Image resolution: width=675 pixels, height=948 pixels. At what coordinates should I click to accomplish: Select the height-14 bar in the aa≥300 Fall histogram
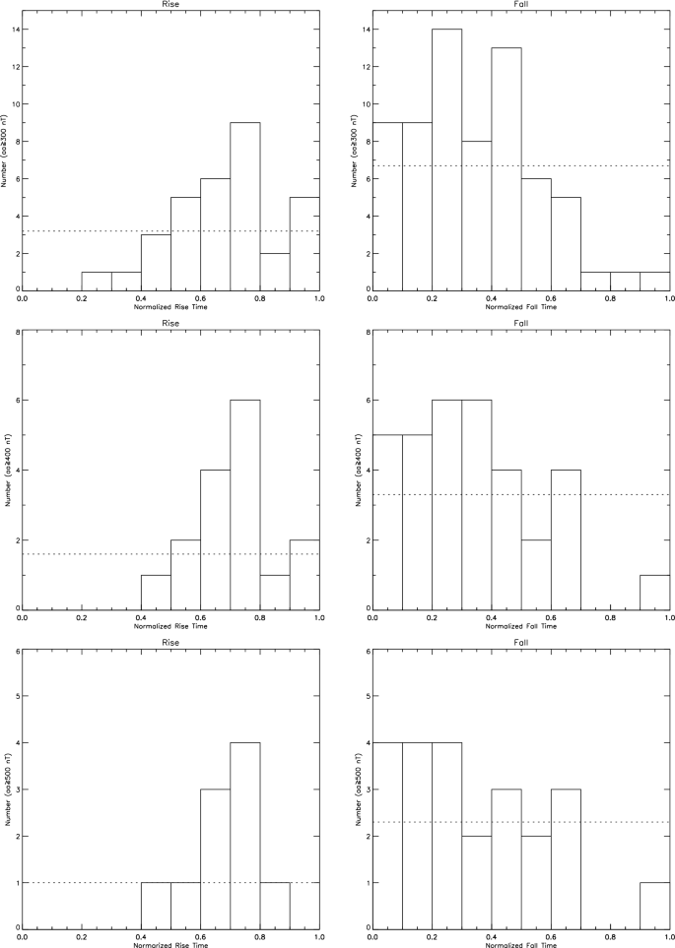click(x=446, y=158)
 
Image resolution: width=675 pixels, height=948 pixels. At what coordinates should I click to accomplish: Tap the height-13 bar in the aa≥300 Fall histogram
click(x=506, y=167)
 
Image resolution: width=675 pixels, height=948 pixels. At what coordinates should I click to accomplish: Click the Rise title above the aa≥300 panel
click(x=171, y=5)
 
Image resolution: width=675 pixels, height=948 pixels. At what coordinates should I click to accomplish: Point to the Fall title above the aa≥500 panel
click(x=521, y=645)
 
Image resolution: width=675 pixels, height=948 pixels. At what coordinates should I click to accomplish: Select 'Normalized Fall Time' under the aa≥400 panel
click(x=521, y=625)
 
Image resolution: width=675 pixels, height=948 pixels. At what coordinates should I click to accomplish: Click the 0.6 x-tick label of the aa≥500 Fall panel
click(x=551, y=937)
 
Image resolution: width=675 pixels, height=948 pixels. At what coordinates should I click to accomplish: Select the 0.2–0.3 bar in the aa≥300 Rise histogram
click(x=96, y=281)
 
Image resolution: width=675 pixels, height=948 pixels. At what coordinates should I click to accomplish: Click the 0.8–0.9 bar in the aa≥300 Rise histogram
click(x=275, y=272)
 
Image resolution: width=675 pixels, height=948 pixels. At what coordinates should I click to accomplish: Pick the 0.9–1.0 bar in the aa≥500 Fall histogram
click(x=654, y=905)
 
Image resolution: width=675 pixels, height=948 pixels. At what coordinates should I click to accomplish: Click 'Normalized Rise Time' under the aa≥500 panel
click(x=171, y=944)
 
